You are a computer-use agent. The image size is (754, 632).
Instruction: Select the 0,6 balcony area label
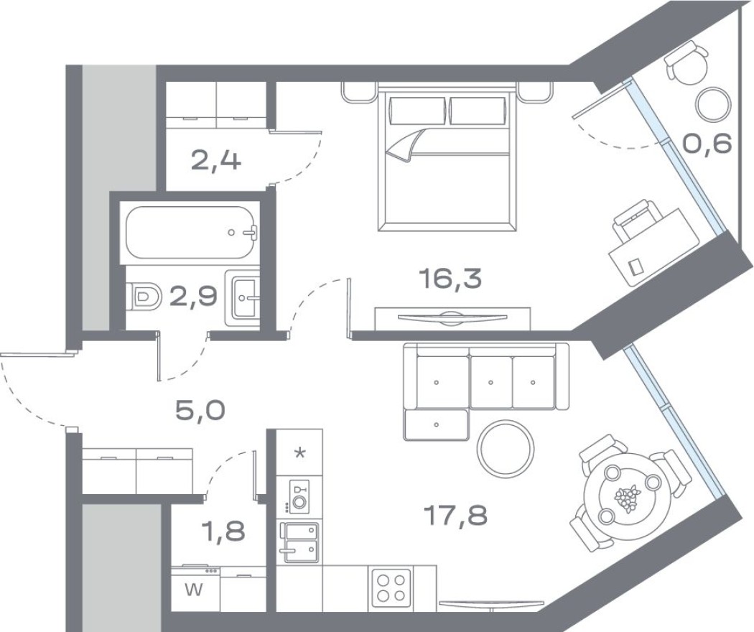coord(707,144)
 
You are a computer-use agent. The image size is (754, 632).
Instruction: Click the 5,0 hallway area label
coord(200,411)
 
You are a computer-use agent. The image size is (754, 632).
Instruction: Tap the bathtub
coord(189,233)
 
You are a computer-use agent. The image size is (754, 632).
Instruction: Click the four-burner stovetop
coord(390,585)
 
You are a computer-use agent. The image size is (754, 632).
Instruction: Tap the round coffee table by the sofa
coord(506,445)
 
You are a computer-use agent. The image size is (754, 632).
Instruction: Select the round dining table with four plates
coord(629,496)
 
